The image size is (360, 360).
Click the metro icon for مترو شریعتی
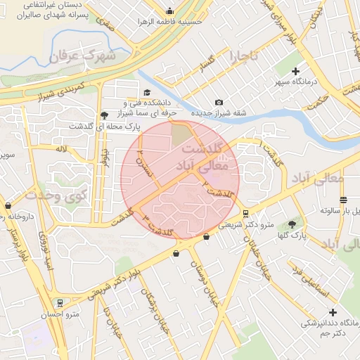(245, 214)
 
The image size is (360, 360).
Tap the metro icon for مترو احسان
(61, 303)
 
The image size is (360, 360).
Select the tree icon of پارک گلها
(291, 225)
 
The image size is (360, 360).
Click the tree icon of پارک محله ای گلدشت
(105, 115)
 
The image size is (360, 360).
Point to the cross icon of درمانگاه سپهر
(295, 71)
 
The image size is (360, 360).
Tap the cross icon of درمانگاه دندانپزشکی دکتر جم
(333, 312)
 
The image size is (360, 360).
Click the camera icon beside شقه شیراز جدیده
(219, 103)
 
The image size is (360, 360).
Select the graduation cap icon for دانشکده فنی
(146, 93)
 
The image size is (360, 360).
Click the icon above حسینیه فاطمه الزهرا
(169, 11)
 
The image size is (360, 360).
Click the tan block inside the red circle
(181, 133)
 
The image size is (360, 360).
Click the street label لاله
(63, 149)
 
